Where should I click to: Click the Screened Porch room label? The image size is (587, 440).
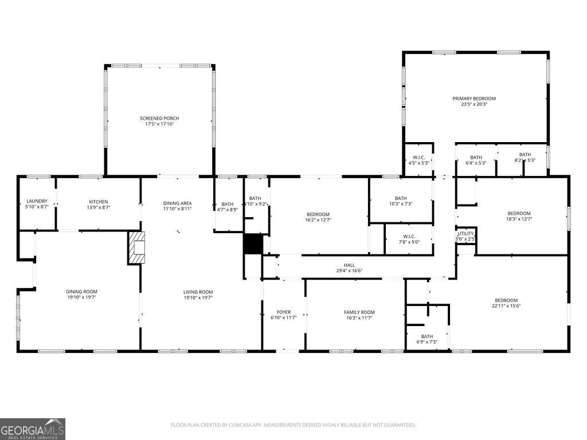coord(159,119)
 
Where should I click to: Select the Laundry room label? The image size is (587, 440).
coord(37,201)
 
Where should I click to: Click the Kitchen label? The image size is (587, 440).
coord(99,201)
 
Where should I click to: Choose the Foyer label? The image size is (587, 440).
coord(283,312)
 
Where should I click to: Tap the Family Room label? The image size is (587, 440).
coord(359,312)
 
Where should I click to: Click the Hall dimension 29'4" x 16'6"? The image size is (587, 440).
coord(349,271)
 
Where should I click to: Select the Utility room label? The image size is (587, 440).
coord(465,233)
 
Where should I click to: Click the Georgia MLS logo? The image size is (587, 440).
coord(33,429)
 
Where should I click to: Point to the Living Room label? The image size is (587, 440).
coord(198,292)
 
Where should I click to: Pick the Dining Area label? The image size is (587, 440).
coord(178,203)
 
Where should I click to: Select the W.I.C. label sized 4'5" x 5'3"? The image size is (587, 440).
coord(418,158)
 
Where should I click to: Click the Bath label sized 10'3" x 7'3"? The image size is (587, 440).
coord(401,198)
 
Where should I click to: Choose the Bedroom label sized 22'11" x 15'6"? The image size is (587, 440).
coord(506,300)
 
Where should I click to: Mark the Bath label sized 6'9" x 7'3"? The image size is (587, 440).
coord(427,336)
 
